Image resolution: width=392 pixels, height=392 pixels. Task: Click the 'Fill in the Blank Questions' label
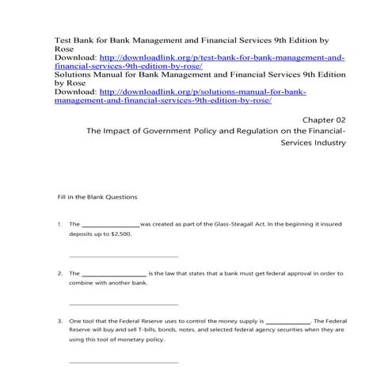[x=97, y=196]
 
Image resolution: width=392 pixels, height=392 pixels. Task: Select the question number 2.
[x=59, y=273]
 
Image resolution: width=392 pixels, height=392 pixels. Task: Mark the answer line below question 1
[x=124, y=257]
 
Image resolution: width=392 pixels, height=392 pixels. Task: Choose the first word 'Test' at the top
[x=63, y=37]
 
